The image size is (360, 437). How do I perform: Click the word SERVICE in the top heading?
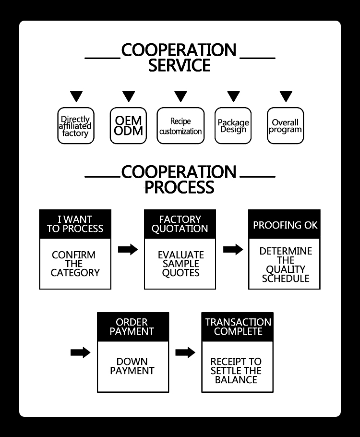tap(179, 65)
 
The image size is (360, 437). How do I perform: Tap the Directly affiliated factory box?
tap(76, 126)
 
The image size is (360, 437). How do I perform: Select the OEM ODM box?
tap(128, 126)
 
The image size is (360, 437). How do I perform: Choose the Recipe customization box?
tap(180, 126)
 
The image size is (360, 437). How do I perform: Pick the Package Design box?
tap(233, 126)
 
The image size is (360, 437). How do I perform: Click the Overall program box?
tap(285, 126)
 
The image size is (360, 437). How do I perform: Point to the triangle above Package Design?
tap(233, 96)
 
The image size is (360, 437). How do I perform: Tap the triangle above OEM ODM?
tap(129, 96)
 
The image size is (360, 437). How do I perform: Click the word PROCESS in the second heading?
tap(179, 187)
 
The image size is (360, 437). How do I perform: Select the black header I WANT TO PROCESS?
tap(75, 224)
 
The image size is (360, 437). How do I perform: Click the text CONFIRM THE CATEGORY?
tap(75, 264)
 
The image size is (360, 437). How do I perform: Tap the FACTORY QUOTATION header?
tap(180, 224)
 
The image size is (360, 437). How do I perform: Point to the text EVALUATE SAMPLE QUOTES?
tap(180, 264)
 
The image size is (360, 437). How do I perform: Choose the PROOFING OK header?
tap(285, 225)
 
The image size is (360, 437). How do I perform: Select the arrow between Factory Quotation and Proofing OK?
tap(233, 249)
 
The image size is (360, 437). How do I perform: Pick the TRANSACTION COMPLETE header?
tap(238, 327)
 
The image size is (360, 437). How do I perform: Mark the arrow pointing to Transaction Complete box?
tap(185, 352)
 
